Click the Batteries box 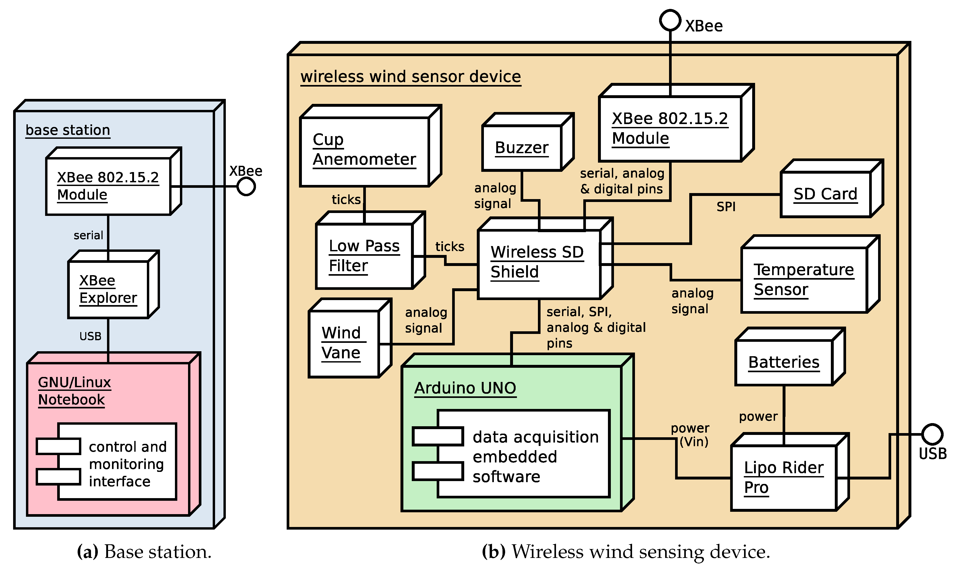pyautogui.click(x=784, y=363)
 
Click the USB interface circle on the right pyautogui.click(x=932, y=434)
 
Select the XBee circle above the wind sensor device pyautogui.click(x=670, y=20)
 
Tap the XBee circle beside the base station pyautogui.click(x=246, y=187)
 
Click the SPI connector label pyautogui.click(x=726, y=207)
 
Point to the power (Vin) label pyautogui.click(x=690, y=435)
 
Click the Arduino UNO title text pyautogui.click(x=465, y=388)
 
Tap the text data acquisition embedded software pyautogui.click(x=535, y=457)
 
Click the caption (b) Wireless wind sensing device pyautogui.click(x=626, y=552)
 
